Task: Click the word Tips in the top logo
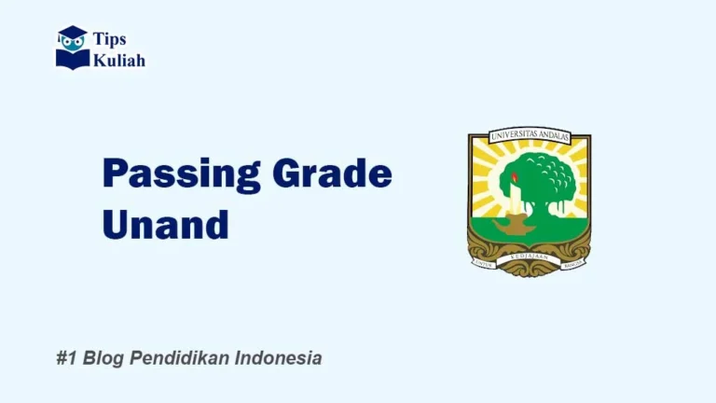point(109,39)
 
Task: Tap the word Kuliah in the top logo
point(118,60)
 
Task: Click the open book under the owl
point(72,59)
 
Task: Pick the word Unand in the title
point(165,224)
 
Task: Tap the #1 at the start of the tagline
point(66,358)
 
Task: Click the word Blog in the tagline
point(102,358)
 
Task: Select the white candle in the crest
point(515,199)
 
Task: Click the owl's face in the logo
point(73,43)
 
